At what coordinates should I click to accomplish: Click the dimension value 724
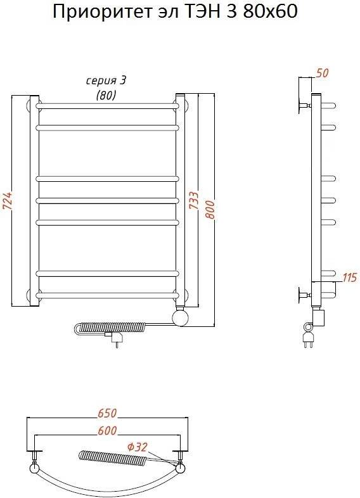point(8,201)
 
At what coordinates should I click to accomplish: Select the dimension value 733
point(194,200)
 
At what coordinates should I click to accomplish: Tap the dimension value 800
point(210,210)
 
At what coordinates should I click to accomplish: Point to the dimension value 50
point(322,73)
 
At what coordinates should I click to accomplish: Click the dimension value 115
point(350,278)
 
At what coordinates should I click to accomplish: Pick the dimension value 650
point(108,413)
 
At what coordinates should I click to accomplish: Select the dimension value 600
point(108,431)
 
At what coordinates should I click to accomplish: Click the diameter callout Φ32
point(138,447)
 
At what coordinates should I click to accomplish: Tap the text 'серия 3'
point(106,81)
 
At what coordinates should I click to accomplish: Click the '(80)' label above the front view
point(106,94)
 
